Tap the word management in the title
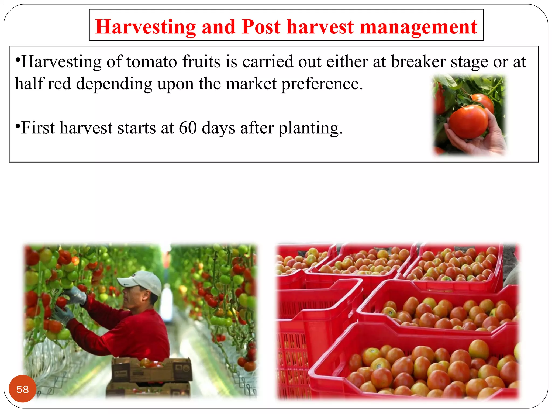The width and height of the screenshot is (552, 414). point(419,27)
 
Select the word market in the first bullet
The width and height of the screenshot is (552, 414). point(251,84)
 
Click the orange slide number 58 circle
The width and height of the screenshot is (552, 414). point(23,389)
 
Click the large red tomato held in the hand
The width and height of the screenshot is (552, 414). point(468,122)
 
